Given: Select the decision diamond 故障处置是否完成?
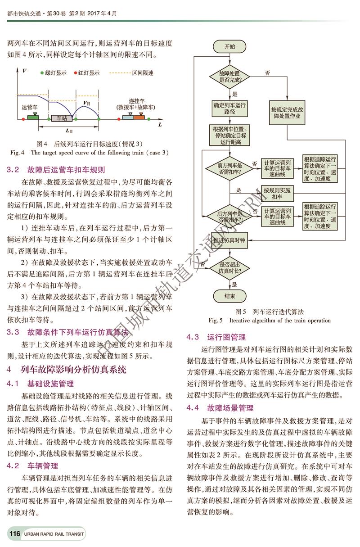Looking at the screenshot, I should pos(229,76).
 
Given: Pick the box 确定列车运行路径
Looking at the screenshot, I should pos(229,108).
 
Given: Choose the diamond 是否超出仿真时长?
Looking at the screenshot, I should pos(229,268).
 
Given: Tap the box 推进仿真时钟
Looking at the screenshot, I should pos(229,240).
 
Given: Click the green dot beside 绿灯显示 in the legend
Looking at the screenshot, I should pos(42,72).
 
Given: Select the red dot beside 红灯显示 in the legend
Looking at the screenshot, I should pos(75,72).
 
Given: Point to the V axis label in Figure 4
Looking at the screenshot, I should pos(23,71).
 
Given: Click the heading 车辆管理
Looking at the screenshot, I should pos(43,466).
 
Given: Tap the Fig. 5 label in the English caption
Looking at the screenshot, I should pos(216,321).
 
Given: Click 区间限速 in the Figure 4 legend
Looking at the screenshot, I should pos(142,72).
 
